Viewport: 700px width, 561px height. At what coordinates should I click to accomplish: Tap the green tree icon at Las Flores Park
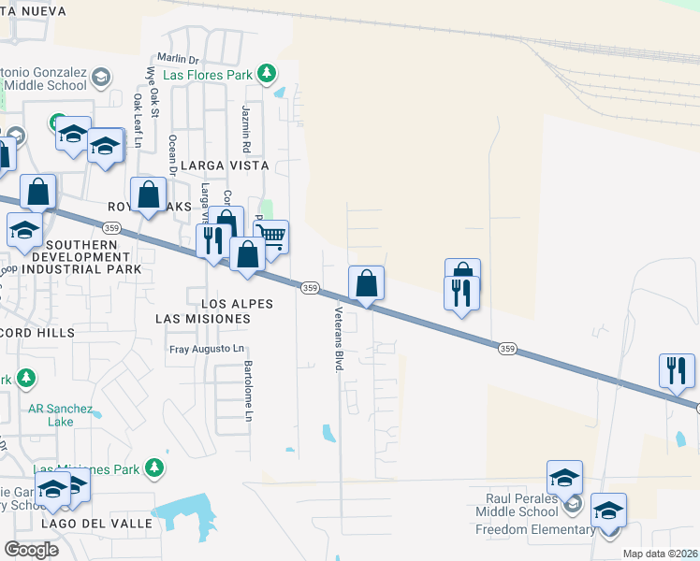pos(267,73)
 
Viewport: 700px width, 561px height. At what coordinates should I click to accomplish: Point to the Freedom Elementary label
pos(534,530)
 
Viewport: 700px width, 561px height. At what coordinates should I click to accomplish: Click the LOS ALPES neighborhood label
pos(237,304)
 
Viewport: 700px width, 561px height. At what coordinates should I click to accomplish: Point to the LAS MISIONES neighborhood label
pos(203,319)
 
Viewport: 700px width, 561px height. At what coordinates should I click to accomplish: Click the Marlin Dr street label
pos(180,59)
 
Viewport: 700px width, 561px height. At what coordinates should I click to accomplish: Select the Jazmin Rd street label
pos(246,129)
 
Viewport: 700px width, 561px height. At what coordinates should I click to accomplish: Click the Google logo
pos(31,549)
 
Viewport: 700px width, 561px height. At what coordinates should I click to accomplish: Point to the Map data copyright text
pos(659,554)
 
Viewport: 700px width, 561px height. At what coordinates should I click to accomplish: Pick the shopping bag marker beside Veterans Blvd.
pos(366,282)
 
